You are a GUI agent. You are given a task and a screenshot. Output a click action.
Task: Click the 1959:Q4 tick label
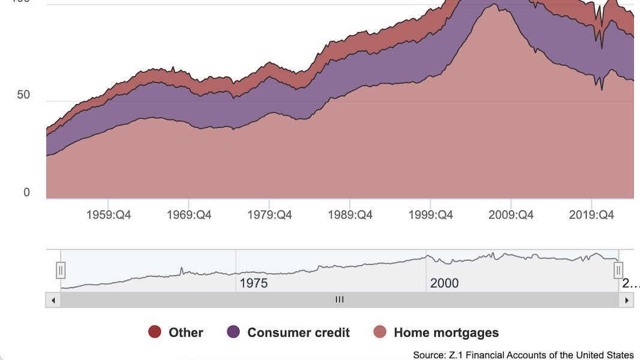coord(108,215)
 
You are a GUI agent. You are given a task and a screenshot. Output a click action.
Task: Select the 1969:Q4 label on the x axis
coord(189,215)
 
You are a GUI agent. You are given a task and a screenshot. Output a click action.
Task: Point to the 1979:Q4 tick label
coord(270,215)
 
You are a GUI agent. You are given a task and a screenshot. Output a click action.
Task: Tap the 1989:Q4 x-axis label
coord(350,215)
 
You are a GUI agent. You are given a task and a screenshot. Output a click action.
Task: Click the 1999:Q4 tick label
coord(430,215)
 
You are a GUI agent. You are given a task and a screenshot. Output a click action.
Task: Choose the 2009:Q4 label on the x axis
coord(511,215)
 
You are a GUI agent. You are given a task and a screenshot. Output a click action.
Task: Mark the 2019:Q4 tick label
coord(591,215)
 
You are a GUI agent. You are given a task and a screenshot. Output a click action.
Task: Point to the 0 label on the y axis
coord(26,193)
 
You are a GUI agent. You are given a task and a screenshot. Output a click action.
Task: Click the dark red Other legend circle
coord(155,332)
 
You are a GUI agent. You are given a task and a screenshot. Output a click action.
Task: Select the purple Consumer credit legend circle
coord(233,332)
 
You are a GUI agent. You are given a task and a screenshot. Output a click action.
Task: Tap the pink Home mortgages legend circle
coord(379,332)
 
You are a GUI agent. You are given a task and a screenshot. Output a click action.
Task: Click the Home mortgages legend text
coord(446,332)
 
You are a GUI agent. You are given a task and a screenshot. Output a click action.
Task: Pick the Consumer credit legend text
coord(298,332)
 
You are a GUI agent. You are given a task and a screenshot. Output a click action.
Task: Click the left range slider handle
coord(61,271)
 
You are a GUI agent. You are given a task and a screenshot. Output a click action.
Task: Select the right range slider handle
coord(618,271)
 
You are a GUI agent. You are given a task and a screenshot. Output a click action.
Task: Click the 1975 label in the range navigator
coord(253,283)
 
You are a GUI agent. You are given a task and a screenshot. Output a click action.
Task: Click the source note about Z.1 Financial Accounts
coord(523,355)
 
